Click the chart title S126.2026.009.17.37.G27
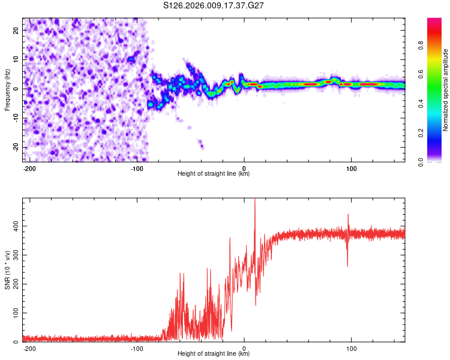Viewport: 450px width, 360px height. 214,5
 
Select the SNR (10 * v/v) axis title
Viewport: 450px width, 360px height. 7,271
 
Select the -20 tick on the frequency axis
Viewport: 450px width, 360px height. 16,147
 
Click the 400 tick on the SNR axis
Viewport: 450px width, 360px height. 14,226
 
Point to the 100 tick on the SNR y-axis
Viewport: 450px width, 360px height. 14,313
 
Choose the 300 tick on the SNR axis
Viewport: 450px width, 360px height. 14,255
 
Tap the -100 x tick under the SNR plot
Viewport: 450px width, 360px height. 137,349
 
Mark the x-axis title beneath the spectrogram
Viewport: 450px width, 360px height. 214,174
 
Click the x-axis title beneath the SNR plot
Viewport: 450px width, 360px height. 214,354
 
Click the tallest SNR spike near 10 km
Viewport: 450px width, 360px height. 255,200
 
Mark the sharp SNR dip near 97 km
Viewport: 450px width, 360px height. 347,266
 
